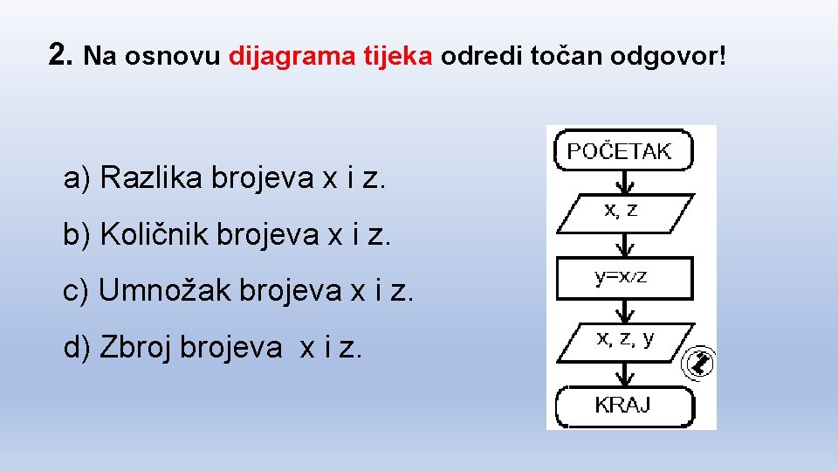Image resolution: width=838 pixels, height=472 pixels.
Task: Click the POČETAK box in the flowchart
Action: [x=623, y=150]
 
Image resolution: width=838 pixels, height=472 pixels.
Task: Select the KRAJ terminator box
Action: [x=623, y=406]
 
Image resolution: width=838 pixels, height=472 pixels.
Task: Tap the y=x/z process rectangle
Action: [x=623, y=278]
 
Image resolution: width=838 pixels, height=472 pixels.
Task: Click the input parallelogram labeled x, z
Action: [x=623, y=212]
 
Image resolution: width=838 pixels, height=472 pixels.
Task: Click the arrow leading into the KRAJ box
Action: [x=623, y=374]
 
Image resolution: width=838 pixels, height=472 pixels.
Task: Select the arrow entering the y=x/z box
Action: [x=623, y=246]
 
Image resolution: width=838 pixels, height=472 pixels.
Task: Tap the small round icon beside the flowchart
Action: [x=700, y=362]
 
